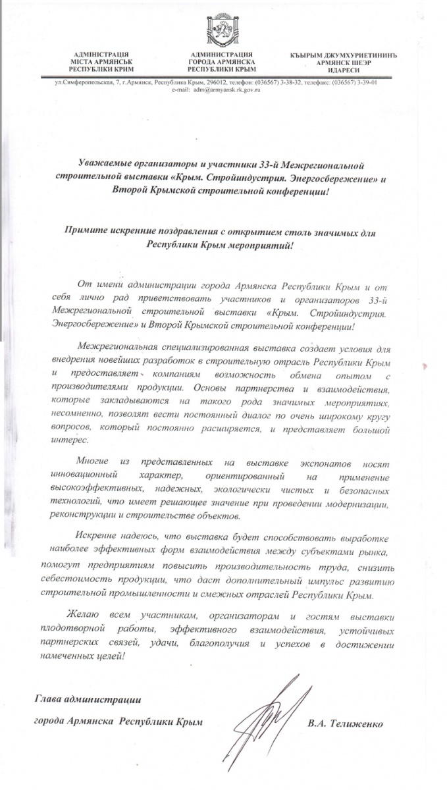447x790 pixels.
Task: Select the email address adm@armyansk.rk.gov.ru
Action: (x=226, y=90)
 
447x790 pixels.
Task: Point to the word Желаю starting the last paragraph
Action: (x=92, y=616)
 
